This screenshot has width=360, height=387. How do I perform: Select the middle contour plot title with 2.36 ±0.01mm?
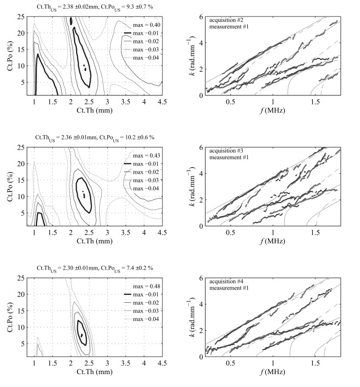(x=93, y=136)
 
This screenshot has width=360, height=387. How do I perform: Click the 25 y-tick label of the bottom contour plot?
(x=21, y=278)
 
